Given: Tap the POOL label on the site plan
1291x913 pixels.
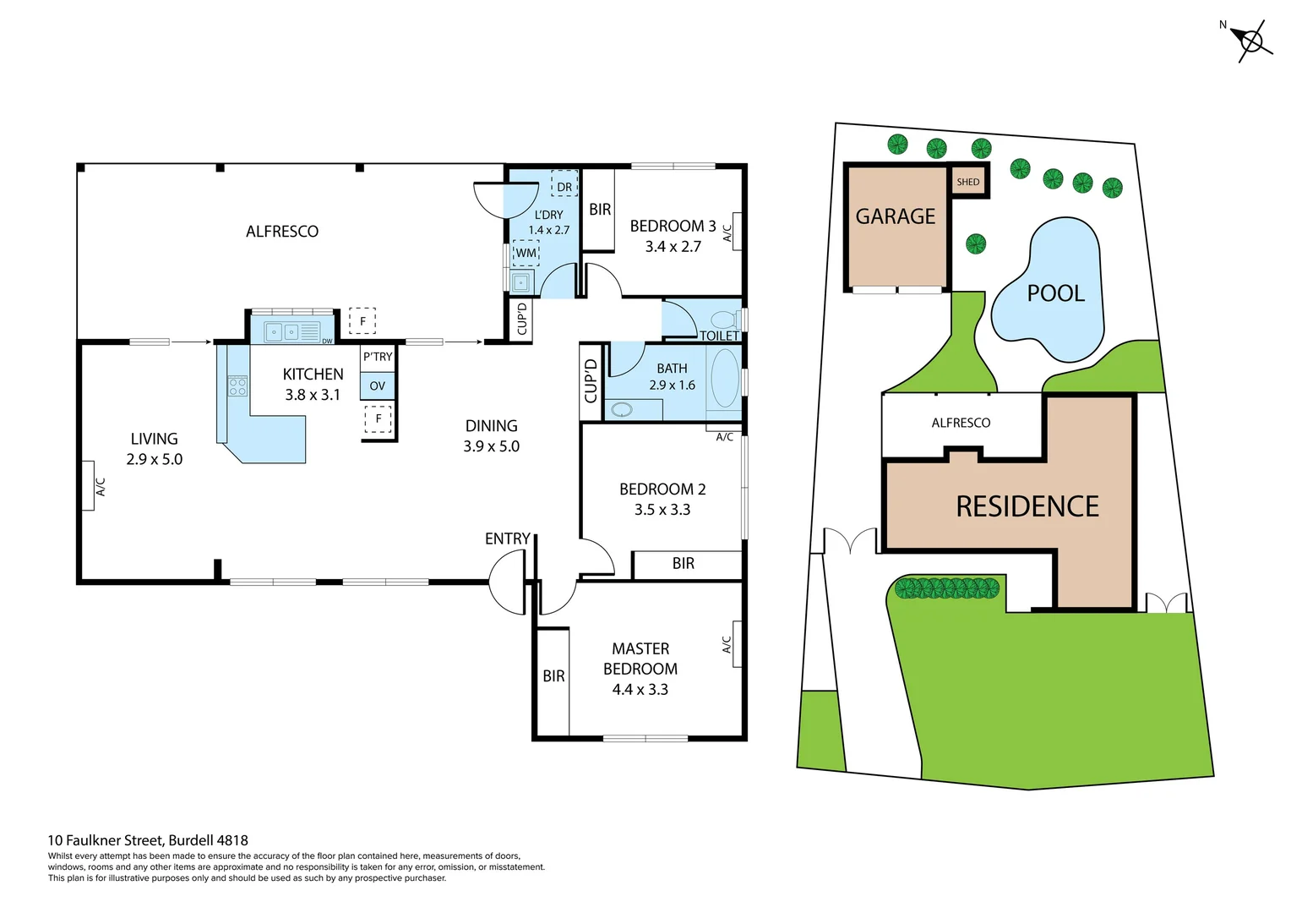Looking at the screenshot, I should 1055,293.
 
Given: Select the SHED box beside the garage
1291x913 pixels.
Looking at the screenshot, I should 968,182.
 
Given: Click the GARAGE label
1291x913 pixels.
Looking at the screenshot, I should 896,216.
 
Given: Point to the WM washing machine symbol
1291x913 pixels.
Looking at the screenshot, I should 526,253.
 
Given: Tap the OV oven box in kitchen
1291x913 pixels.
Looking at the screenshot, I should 378,385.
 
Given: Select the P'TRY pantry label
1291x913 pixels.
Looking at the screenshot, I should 378,357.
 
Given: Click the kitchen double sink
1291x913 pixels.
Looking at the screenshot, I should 282,331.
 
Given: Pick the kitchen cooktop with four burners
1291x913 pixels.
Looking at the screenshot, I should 237,386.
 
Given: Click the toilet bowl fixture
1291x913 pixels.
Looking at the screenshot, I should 724,320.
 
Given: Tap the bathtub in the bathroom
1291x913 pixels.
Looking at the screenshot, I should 725,379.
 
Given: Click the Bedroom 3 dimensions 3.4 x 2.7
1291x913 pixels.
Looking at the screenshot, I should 673,247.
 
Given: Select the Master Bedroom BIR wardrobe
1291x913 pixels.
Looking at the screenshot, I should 553,676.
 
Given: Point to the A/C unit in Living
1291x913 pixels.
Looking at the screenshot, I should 88,486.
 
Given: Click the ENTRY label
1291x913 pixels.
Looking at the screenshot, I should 507,539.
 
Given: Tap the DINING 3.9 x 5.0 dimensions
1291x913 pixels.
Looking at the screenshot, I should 491,446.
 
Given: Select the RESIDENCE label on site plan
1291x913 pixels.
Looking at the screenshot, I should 1027,506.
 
